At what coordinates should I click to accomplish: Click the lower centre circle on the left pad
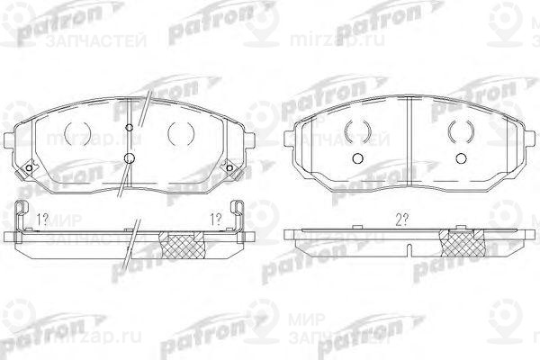131,160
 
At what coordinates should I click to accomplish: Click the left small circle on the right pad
356,159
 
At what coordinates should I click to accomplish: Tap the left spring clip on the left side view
24,218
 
